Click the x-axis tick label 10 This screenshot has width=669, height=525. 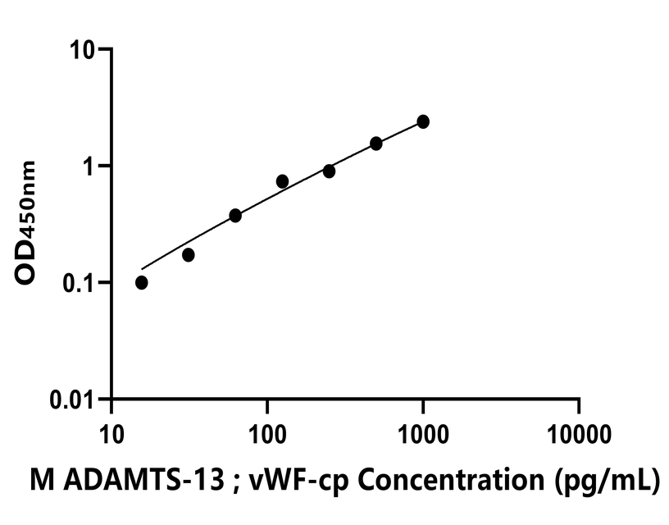pos(111,431)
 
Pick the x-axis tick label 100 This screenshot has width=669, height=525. pos(267,431)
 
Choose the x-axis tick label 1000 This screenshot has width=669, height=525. pos(423,431)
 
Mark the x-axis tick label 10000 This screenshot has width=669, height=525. pos(579,431)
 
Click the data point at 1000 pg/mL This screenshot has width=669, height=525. pos(423,121)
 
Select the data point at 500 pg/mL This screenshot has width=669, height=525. pos(376,144)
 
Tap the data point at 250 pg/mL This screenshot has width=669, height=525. pos(329,171)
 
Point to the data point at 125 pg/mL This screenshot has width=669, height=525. pos(282,181)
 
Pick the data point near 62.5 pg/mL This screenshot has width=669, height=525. pos(235,215)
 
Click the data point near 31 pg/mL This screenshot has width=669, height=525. pos(189,255)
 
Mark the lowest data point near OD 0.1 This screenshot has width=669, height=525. pos(142,282)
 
